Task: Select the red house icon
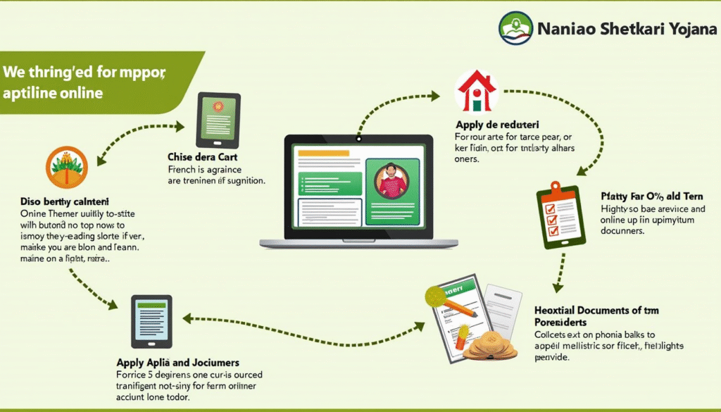tap(477, 91)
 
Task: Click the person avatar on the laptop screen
tap(392, 181)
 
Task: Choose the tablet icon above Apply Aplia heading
tap(151, 320)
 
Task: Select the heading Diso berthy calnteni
tap(65, 201)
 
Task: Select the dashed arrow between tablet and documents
tap(303, 324)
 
